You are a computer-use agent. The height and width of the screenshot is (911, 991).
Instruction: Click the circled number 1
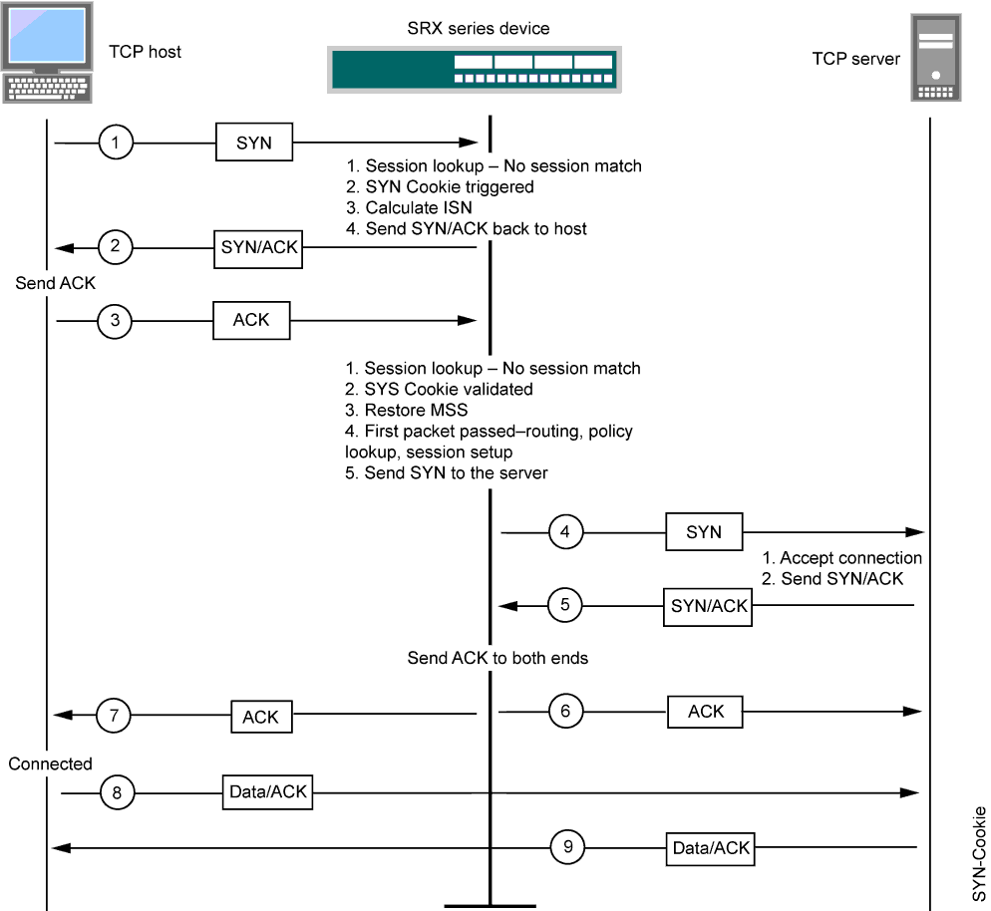[x=116, y=143]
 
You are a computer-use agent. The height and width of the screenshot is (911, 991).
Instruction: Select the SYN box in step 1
[x=254, y=143]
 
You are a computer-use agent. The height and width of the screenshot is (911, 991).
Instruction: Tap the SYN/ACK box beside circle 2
[x=259, y=246]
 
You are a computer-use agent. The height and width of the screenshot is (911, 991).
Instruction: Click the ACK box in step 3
[x=251, y=321]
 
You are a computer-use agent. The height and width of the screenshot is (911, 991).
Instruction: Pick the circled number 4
[x=565, y=532]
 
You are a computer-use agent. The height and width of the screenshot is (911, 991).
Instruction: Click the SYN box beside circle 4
[x=704, y=532]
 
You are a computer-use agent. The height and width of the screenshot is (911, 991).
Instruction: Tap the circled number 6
[x=565, y=711]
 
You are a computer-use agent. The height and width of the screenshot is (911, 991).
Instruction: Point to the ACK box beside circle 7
[x=261, y=716]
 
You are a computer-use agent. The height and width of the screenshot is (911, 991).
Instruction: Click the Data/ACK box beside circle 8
[x=267, y=792]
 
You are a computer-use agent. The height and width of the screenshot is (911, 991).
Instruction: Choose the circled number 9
[x=567, y=847]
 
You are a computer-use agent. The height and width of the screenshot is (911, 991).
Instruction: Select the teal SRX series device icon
[x=476, y=69]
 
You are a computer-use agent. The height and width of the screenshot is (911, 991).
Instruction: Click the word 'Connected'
[x=50, y=763]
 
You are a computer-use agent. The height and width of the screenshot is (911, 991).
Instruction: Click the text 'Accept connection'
[x=849, y=558]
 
